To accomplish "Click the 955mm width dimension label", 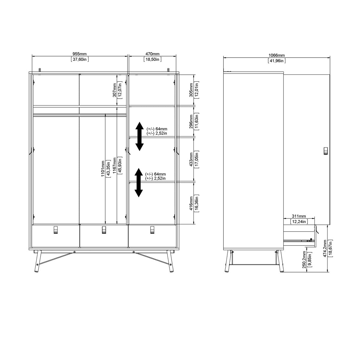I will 80,54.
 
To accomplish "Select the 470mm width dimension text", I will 152,54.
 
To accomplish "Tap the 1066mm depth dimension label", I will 276,55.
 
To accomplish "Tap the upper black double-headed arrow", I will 139,136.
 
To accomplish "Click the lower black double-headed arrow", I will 138,182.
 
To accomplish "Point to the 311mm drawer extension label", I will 299,216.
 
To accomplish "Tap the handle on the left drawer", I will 55,229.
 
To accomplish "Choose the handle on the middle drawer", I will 104,229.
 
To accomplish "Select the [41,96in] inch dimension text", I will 276,61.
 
